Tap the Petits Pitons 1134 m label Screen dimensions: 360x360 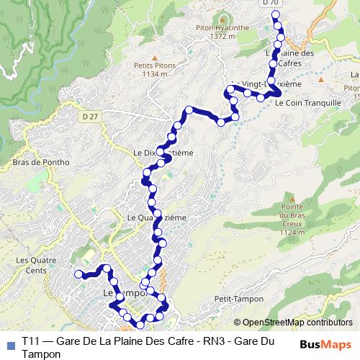(x=154, y=68)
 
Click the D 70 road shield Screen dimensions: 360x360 (x=270, y=3)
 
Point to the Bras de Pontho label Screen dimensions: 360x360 (x=41, y=162)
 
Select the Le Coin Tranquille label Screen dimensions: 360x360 (x=308, y=103)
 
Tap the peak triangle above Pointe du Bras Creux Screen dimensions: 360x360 (x=292, y=197)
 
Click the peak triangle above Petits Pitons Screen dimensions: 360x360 (x=154, y=55)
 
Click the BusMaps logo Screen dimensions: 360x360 (x=325, y=344)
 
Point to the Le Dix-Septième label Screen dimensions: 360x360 (x=163, y=153)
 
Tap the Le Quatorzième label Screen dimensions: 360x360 (x=156, y=217)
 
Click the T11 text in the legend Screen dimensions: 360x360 (x=30, y=341)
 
